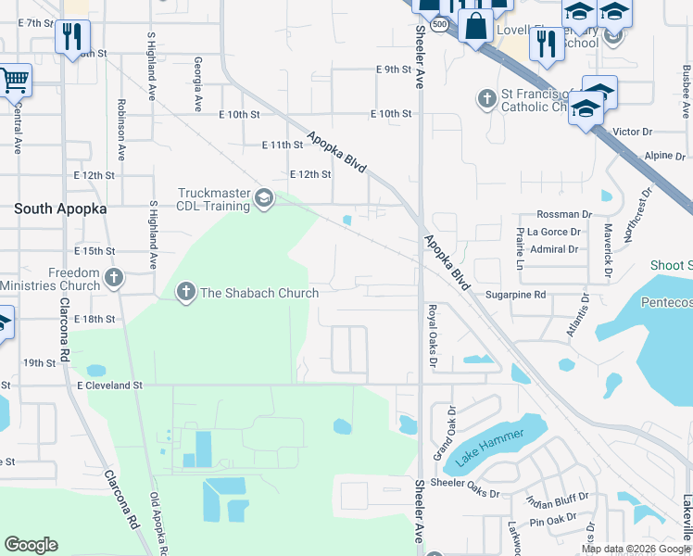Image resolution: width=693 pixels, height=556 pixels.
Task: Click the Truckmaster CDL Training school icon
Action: point(264,199)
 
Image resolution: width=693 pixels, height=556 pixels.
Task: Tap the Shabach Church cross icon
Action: point(185,293)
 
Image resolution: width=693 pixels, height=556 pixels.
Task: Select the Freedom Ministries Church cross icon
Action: point(113,278)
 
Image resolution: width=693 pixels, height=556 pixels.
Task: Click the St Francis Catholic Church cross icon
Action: point(485,98)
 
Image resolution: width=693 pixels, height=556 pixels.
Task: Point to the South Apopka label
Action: point(60,209)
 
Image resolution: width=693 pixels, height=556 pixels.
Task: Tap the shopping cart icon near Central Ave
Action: point(14,82)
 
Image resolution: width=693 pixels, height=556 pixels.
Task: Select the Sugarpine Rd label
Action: point(516,295)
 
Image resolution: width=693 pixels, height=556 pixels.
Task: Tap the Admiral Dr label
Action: point(554,249)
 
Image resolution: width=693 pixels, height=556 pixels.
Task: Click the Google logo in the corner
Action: point(31,545)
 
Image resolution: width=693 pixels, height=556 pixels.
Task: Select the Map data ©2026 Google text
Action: point(636,549)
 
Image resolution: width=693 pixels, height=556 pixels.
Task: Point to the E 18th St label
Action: point(95,319)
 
